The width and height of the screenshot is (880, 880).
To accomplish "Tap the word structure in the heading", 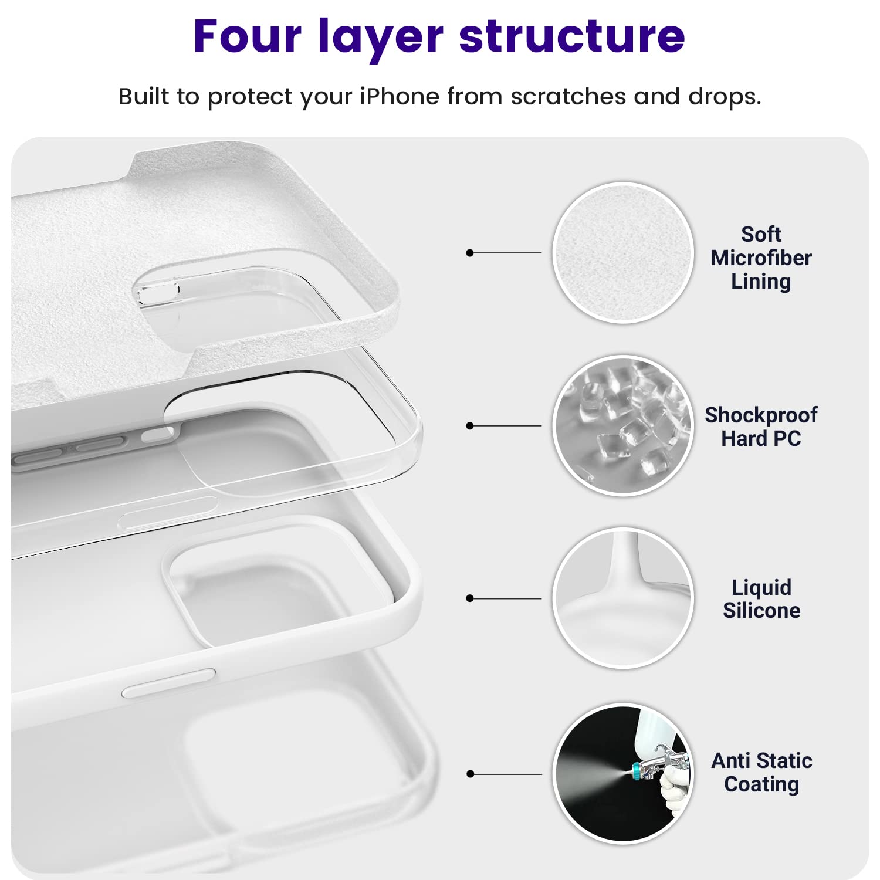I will (571, 36).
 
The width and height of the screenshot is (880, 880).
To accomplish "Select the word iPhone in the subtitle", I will (399, 97).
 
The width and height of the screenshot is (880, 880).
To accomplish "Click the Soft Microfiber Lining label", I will (761, 258).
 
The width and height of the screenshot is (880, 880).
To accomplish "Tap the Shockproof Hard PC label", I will (761, 427).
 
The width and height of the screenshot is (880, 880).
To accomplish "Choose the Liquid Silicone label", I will (761, 598).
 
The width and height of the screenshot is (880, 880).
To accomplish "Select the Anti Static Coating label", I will (761, 772).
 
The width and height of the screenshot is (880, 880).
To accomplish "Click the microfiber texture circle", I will (623, 253).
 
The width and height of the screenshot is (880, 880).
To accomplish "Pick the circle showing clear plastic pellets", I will (623, 426).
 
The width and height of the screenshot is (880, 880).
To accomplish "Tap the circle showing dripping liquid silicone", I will (623, 598).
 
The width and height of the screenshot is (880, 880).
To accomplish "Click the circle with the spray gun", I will (623, 773).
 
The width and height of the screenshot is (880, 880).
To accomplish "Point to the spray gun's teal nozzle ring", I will (635, 770).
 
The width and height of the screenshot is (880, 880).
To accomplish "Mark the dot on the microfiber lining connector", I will (469, 253).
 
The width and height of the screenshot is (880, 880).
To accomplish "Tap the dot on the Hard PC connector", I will (469, 426).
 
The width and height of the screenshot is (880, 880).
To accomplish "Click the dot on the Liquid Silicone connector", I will (469, 598).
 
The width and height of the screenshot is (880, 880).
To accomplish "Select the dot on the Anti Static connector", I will (469, 774).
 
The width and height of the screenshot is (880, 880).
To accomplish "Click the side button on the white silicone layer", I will (168, 683).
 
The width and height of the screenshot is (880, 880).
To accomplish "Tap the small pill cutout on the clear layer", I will (157, 292).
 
